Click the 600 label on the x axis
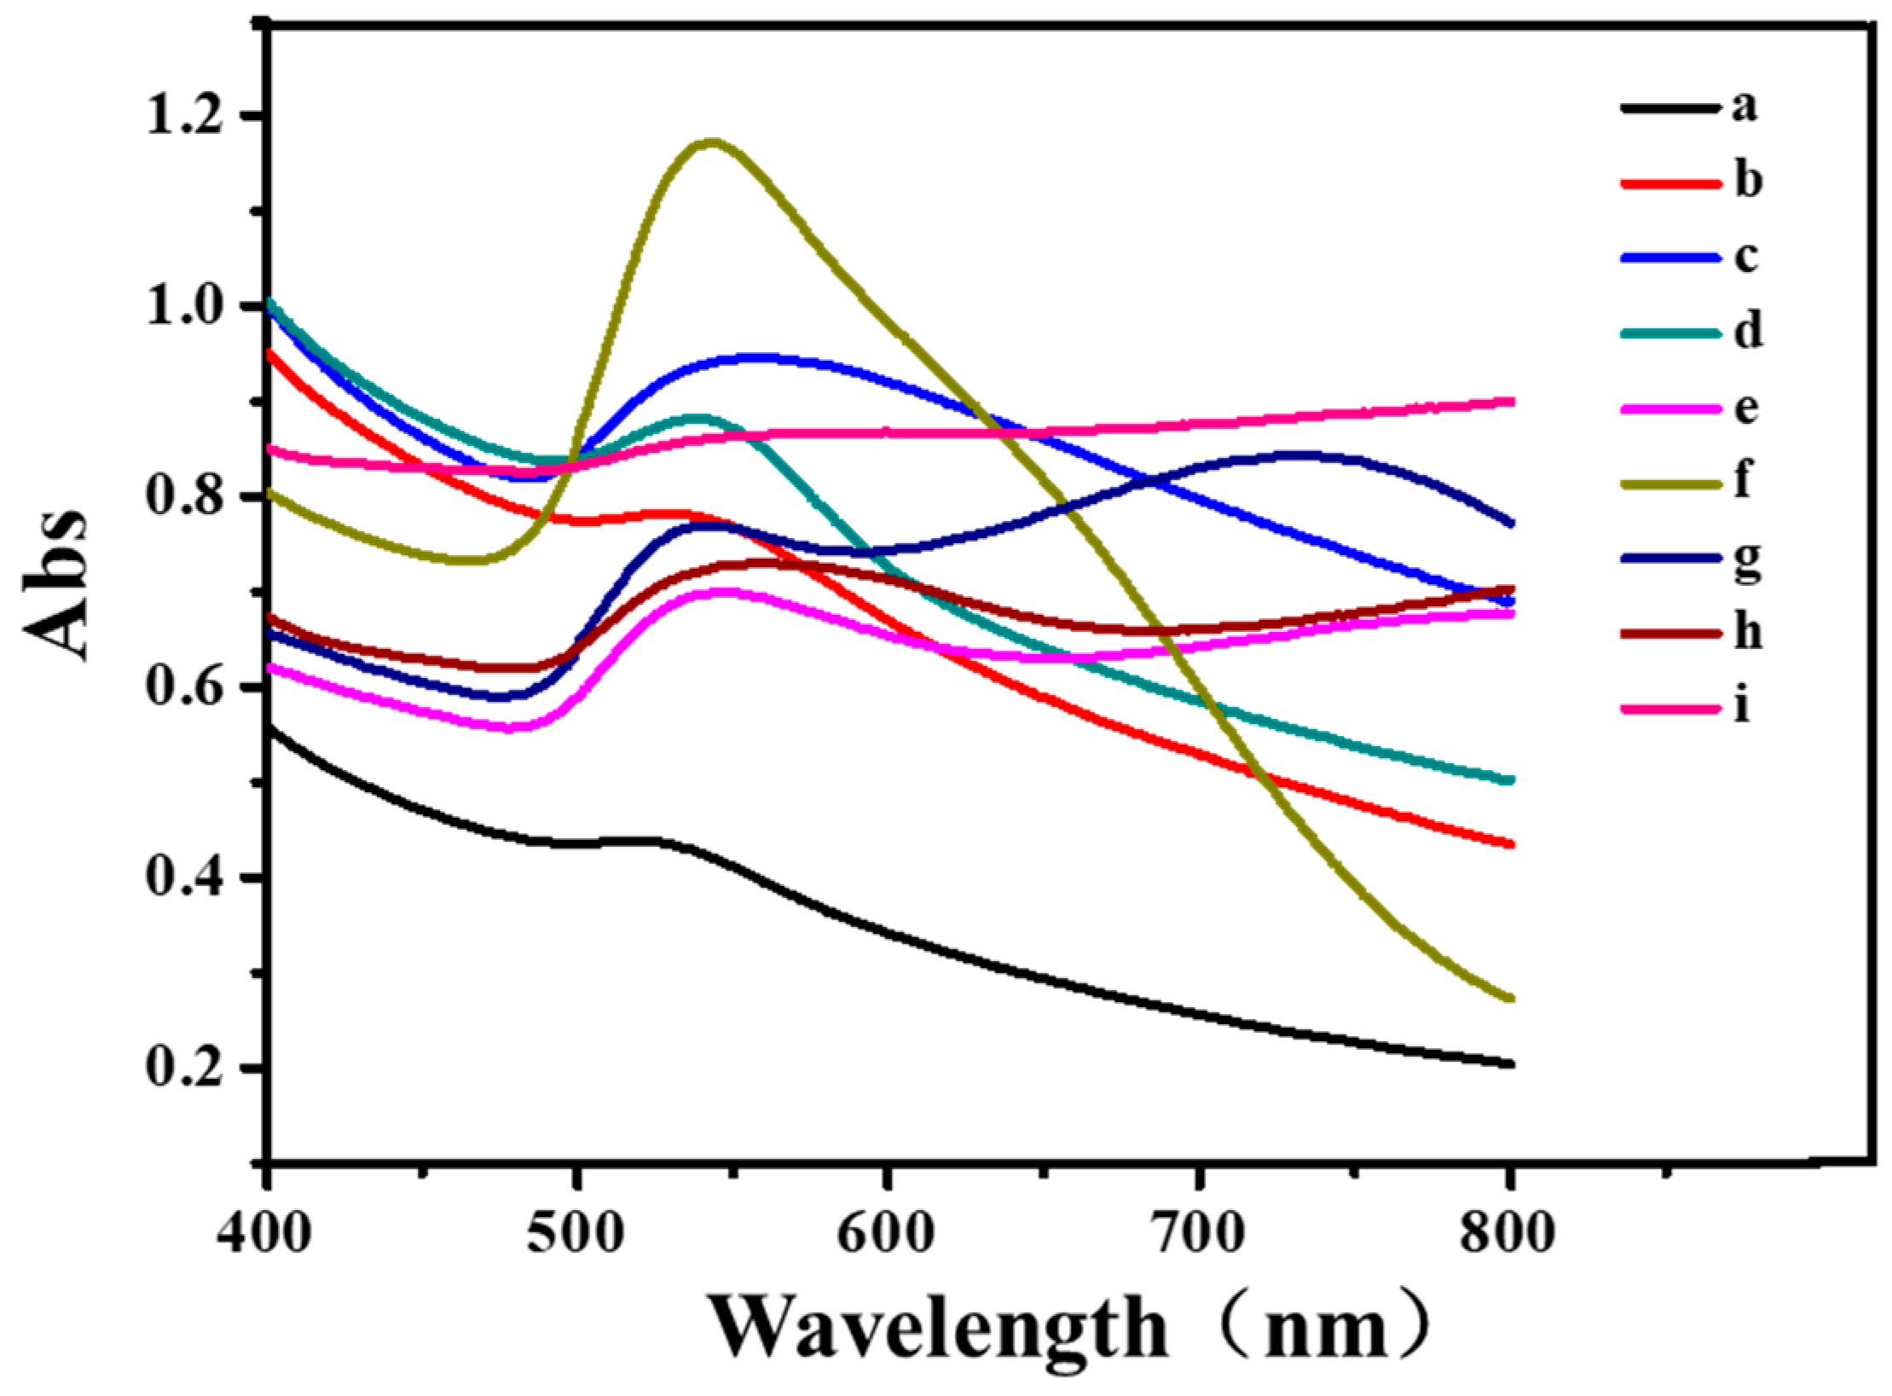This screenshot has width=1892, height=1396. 887,1234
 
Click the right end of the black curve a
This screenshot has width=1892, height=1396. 1509,1063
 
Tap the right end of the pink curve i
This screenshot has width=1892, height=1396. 1509,401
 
